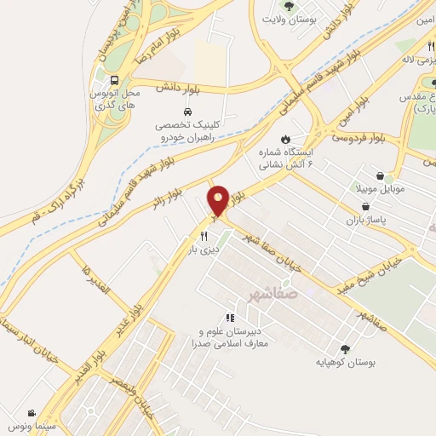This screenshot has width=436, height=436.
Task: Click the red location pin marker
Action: click(219, 201)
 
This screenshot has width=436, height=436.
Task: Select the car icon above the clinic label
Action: click(186, 112)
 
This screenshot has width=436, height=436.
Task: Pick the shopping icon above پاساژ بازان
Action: click(365, 206)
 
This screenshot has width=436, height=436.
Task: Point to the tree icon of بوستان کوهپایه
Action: click(345, 348)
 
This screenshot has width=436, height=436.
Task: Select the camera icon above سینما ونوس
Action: click(32, 412)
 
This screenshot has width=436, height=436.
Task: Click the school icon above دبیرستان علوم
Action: click(227, 317)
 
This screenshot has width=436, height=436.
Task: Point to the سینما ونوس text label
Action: click(32, 425)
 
